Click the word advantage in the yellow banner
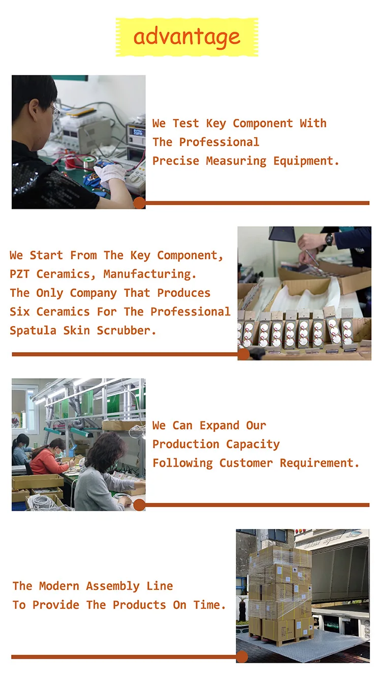[187, 38]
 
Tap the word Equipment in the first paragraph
[306, 161]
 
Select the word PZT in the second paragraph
[19, 274]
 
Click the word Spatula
[33, 331]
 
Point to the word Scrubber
[126, 330]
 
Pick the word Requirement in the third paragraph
[319, 463]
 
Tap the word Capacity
[253, 445]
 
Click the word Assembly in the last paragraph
[113, 586]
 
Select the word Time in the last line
[210, 605]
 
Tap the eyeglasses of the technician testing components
[55, 112]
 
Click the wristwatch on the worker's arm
[329, 239]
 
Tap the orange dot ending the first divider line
[140, 203]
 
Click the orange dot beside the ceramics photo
[243, 354]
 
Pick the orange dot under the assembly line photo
[140, 505]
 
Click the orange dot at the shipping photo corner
[242, 657]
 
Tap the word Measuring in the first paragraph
[236, 161]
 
